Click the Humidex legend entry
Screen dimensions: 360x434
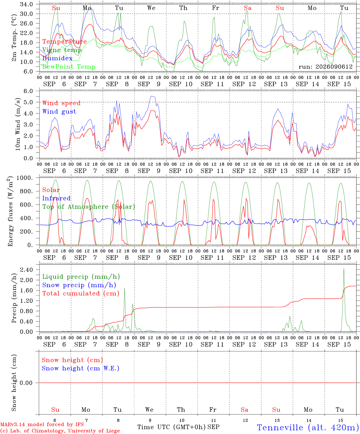(57, 58)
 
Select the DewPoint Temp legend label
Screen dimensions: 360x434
(69, 67)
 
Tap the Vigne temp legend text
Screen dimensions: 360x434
(62, 50)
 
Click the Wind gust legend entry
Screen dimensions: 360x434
(59, 112)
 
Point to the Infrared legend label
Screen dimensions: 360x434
(56, 198)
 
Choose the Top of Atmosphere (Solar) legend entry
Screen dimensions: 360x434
(89, 207)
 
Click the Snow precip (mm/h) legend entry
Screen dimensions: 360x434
(79, 285)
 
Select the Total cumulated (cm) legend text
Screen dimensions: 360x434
(81, 293)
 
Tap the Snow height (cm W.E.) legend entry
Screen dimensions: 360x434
(81, 368)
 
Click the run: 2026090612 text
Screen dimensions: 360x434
(326, 67)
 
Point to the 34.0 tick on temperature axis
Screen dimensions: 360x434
(27, 4)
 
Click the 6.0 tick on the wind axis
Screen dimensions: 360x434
(28, 91)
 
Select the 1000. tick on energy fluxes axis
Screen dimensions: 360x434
(25, 178)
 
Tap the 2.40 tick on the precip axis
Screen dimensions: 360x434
(27, 269)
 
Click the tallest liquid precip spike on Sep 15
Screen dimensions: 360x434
(344, 268)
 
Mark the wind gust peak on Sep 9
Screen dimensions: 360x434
(152, 96)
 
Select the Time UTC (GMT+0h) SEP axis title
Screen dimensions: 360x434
(178, 427)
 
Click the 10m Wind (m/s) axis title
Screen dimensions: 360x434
(18, 124)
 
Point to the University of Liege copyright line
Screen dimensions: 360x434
(60, 431)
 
